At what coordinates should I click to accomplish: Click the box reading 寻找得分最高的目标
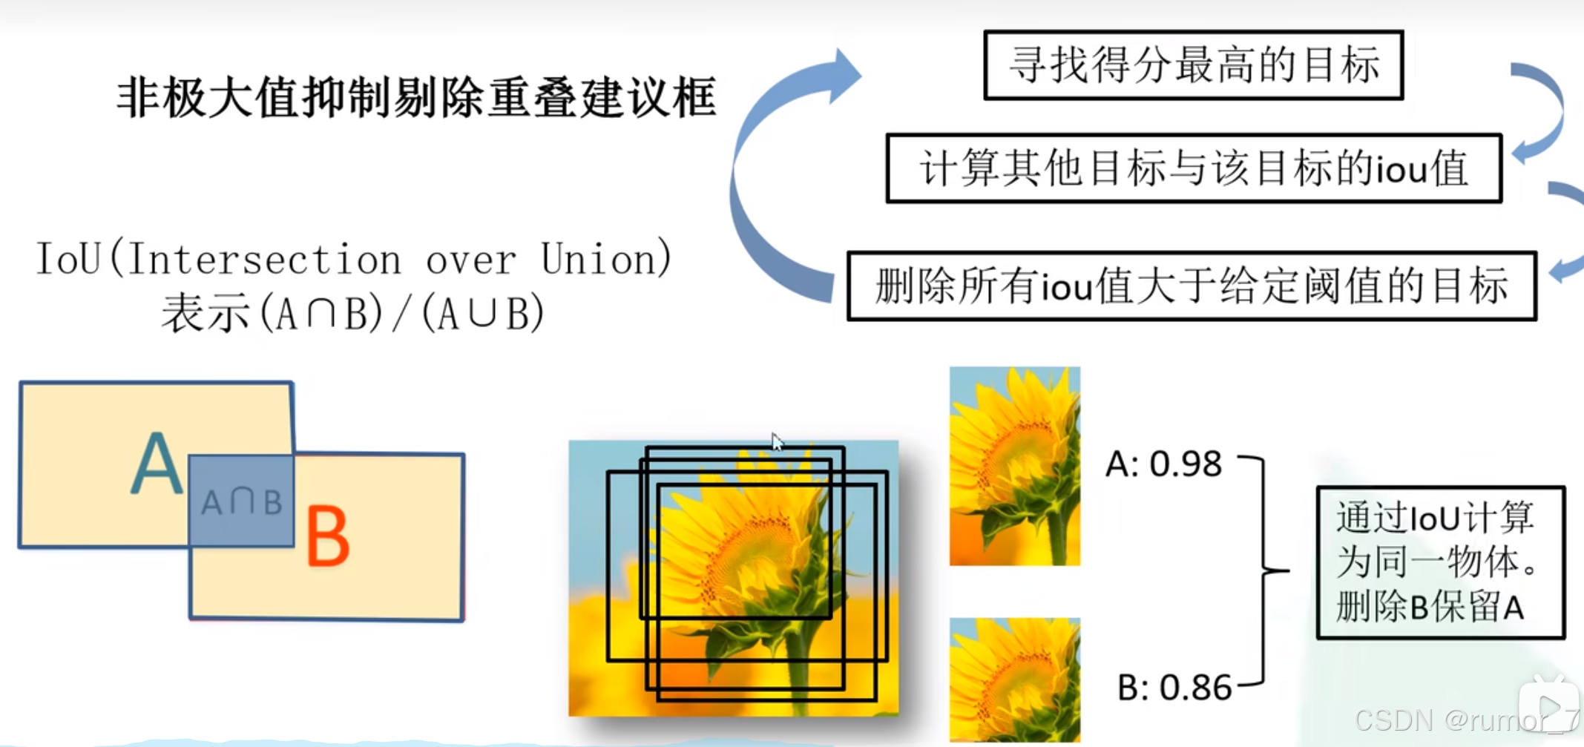click(1193, 65)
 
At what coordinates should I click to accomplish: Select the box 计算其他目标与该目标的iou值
click(1193, 168)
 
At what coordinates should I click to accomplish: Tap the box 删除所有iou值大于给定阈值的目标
click(1192, 286)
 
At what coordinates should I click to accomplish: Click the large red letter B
click(327, 536)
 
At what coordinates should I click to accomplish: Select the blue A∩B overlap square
click(241, 501)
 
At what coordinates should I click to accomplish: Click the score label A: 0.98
click(1163, 464)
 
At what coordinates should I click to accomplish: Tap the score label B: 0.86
click(1174, 688)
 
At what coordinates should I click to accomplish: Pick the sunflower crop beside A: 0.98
click(1014, 466)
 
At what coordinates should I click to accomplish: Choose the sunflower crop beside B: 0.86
click(1014, 679)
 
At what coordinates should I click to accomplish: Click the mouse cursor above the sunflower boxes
click(776, 442)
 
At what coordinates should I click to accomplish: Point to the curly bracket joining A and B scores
click(1265, 571)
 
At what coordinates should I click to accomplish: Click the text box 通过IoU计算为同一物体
click(1440, 562)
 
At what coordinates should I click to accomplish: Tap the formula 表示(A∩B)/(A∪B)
click(353, 313)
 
